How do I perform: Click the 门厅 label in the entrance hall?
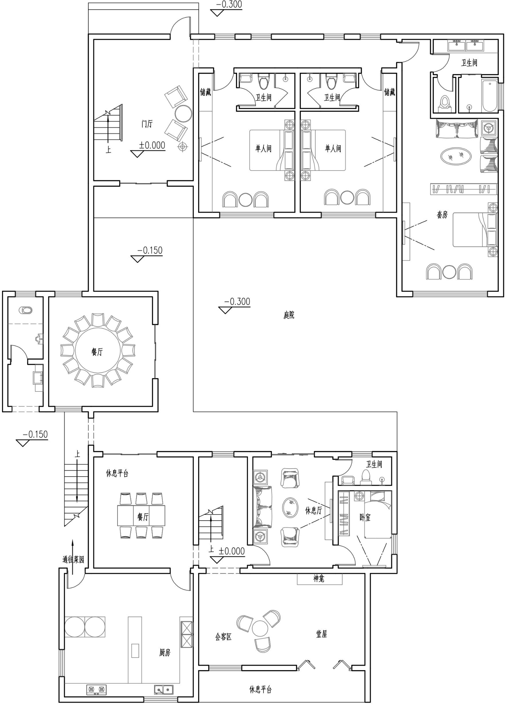147,124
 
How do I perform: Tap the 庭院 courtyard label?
289,315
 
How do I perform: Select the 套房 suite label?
442,214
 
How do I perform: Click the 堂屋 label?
321,634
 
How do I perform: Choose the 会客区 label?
224,637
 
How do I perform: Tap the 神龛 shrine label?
319,578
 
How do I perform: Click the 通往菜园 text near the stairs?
73,560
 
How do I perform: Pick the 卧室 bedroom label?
365,517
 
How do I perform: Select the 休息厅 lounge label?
314,510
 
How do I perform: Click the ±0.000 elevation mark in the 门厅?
152,145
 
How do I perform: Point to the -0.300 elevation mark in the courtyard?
237,301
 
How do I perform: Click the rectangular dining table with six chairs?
141,516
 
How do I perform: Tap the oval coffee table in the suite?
456,156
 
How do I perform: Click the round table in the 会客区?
260,629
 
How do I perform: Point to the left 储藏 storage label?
206,92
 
